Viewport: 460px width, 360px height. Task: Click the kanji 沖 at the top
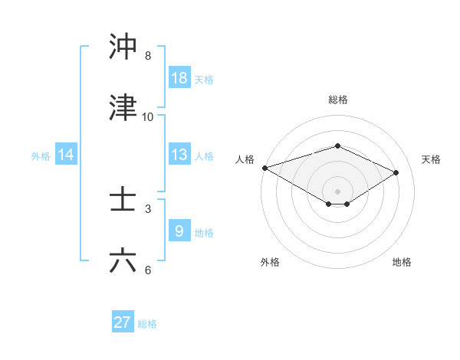(123, 47)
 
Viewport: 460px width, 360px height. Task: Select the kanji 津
(123, 108)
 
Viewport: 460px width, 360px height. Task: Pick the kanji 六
(123, 260)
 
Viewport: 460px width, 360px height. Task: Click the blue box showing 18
(179, 78)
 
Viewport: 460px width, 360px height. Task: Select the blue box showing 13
(179, 155)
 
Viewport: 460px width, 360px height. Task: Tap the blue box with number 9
(179, 231)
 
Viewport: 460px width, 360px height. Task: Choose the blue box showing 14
(66, 155)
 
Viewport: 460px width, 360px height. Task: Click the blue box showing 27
(123, 322)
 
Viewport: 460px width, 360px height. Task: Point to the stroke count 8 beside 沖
(148, 56)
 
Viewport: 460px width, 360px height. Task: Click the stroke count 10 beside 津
(148, 117)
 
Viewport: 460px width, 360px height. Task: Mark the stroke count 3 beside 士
(148, 208)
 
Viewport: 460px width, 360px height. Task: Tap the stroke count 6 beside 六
(148, 270)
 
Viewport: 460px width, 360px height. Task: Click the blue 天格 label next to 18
(204, 79)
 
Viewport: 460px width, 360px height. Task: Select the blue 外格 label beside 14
(41, 155)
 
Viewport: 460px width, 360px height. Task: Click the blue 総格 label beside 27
(147, 324)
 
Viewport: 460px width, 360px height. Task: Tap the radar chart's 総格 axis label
(337, 100)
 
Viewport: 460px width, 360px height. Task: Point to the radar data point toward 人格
(264, 168)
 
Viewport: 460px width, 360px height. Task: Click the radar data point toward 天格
(396, 172)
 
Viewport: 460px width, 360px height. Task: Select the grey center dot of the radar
(337, 191)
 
